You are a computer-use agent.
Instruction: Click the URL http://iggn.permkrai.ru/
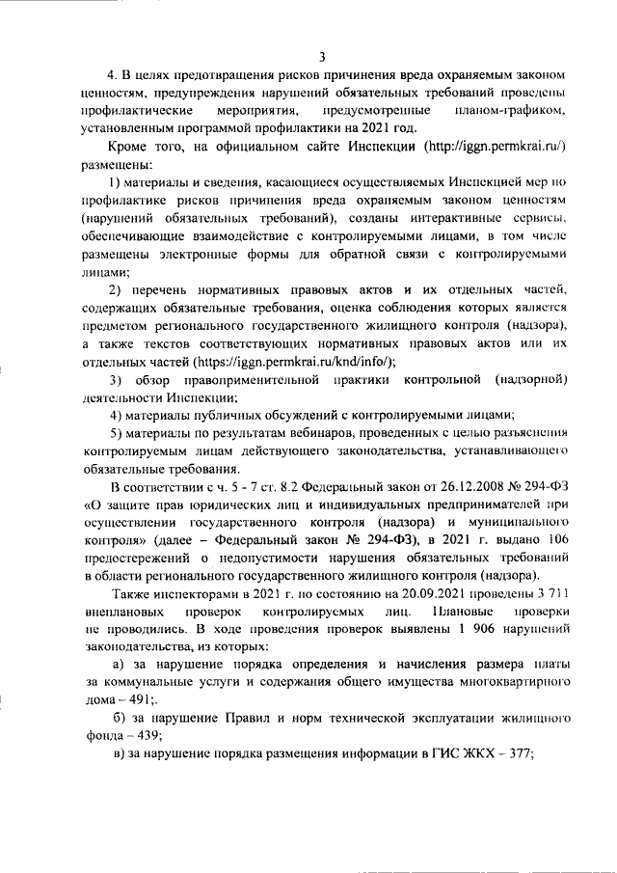pos(494,146)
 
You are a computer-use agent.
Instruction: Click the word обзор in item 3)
pos(158,379)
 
